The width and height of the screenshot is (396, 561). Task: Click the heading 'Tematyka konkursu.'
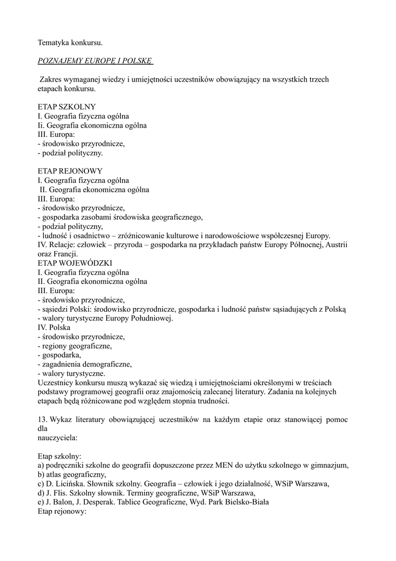(71, 42)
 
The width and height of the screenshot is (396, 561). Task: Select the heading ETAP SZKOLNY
(67, 107)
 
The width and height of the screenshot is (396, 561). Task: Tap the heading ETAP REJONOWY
(70, 171)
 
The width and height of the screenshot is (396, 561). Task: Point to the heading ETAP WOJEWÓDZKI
(75, 263)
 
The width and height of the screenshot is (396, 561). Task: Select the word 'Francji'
(66, 254)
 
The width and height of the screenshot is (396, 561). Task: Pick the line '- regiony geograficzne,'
(75, 346)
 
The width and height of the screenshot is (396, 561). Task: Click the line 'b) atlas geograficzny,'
(72, 474)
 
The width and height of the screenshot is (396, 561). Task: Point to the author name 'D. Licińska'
(69, 484)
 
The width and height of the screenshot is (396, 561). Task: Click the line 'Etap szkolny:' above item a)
(60, 456)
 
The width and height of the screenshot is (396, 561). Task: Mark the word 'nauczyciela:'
(57, 438)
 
